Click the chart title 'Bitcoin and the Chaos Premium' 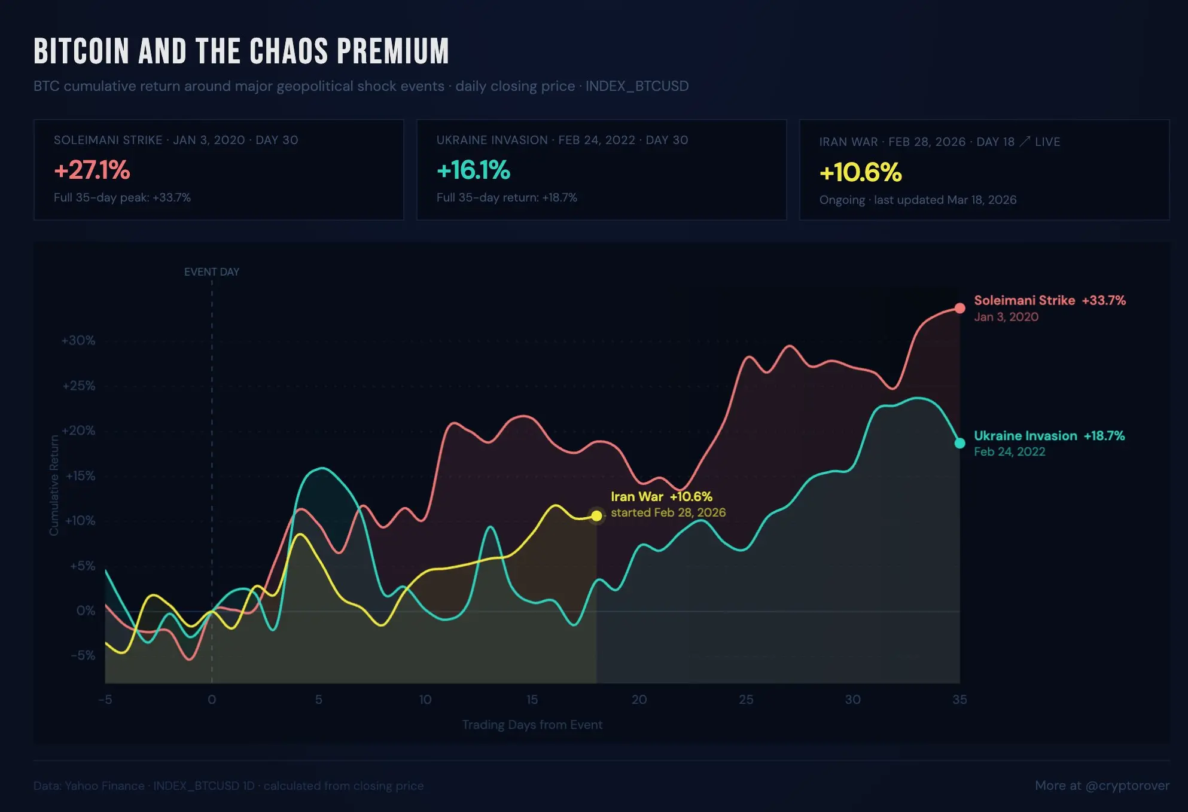point(241,51)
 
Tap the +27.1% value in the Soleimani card point(92,170)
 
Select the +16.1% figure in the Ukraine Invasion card point(473,170)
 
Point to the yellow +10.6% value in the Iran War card point(860,173)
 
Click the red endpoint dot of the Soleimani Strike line point(959,308)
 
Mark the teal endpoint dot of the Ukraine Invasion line point(959,443)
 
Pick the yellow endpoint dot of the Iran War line point(596,515)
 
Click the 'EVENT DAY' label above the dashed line point(212,272)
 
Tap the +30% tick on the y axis point(78,340)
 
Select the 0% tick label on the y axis point(86,610)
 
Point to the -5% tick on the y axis point(83,655)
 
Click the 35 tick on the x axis point(959,700)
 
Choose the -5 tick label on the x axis point(105,700)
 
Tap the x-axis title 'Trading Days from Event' point(532,725)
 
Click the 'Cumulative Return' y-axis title point(54,485)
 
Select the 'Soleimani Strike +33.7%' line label point(1049,300)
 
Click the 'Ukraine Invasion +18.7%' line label point(1049,436)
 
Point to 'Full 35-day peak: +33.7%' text point(122,198)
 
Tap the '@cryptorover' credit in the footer point(1127,786)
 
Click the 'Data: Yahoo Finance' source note point(89,786)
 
